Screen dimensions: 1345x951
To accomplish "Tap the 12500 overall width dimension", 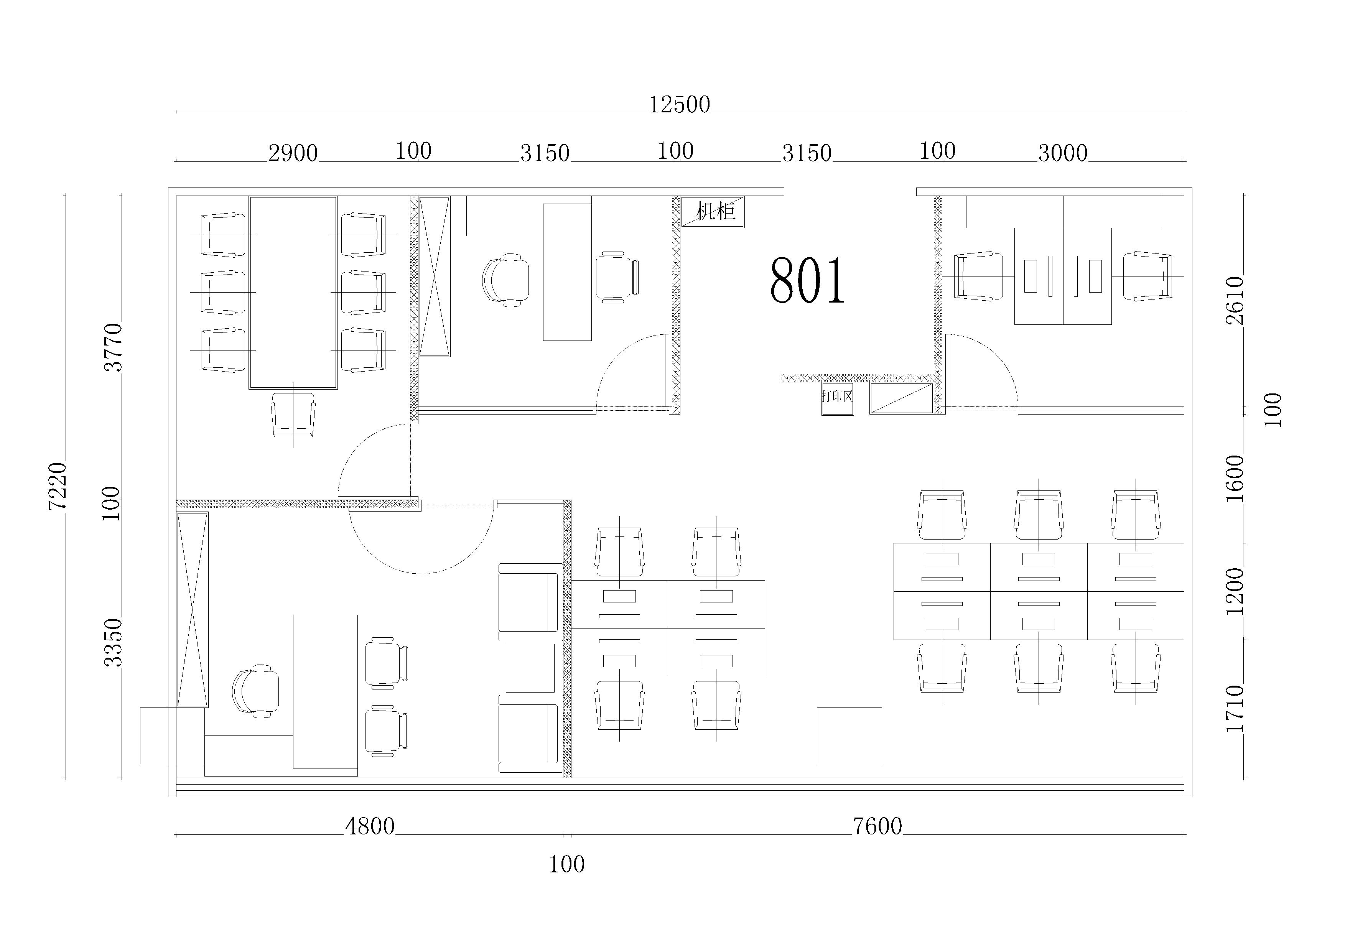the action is pos(680,105).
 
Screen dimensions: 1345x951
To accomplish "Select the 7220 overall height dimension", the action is pos(58,485).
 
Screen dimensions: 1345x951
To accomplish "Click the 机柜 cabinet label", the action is pos(715,211).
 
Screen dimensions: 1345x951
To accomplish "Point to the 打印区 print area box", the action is pos(837,399).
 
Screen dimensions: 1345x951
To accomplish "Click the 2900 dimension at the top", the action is pos(293,153).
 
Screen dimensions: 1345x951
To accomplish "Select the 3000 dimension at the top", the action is pos(1063,153).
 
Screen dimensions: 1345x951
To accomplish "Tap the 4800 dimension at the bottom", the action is pos(370,826).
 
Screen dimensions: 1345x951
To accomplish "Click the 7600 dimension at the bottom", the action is pos(877,826).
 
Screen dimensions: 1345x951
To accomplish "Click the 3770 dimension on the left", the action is pos(113,347).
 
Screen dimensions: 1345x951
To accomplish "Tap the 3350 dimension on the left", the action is pos(113,642).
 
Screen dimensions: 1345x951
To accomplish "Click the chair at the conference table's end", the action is pos(293,415).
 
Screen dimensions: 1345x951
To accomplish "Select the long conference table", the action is pos(293,293).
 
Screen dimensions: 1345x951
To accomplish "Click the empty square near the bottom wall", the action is pos(849,735).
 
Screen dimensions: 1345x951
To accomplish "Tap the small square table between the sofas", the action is pos(530,668).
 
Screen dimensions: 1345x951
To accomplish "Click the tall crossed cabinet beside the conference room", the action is pos(435,276).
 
